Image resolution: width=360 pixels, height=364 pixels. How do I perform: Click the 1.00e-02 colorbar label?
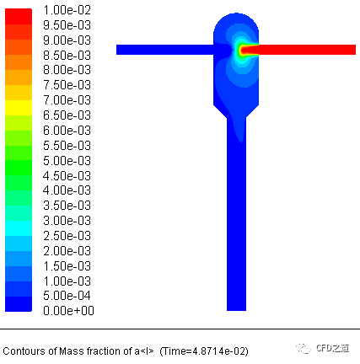[67, 10]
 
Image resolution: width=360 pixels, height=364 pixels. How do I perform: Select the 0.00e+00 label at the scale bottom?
[68, 311]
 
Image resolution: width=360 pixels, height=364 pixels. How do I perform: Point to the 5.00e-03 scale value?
[67, 161]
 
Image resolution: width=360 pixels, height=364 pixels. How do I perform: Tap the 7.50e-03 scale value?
[67, 85]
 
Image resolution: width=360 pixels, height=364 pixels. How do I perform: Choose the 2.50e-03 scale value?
[67, 236]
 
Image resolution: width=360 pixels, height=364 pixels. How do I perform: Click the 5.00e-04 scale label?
[67, 296]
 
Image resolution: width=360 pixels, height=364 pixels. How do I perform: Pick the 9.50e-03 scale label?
[67, 25]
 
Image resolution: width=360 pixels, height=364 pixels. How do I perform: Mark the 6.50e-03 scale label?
[67, 115]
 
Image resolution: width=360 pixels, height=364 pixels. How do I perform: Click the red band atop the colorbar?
[19, 17]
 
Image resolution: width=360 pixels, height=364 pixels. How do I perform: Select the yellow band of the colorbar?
[19, 108]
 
